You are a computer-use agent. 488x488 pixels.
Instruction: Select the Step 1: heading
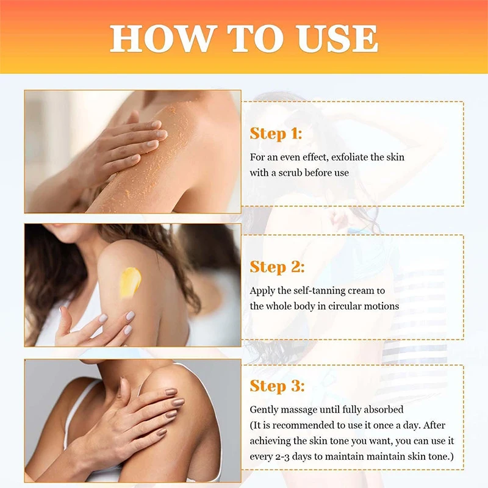276,134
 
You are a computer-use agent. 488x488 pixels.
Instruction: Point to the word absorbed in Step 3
386,409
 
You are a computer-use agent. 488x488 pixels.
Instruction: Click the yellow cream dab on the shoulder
129,282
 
